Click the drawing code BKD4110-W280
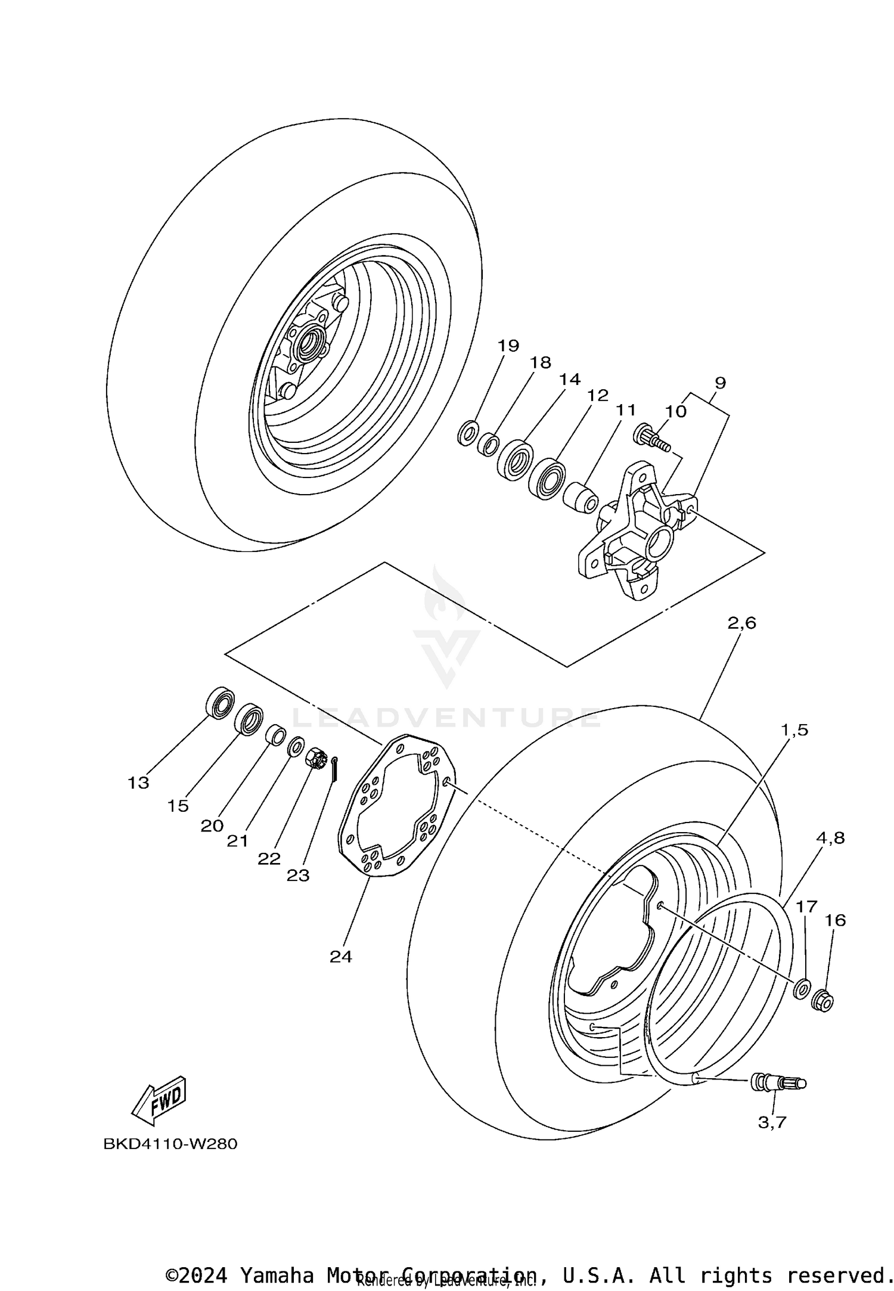(170, 1144)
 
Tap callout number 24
(341, 957)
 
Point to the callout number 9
(720, 383)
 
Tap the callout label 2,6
(741, 623)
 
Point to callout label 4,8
(831, 838)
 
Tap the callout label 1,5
(795, 730)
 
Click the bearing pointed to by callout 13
(221, 702)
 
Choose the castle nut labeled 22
(315, 759)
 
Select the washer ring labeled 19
(468, 432)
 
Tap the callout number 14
(570, 380)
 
